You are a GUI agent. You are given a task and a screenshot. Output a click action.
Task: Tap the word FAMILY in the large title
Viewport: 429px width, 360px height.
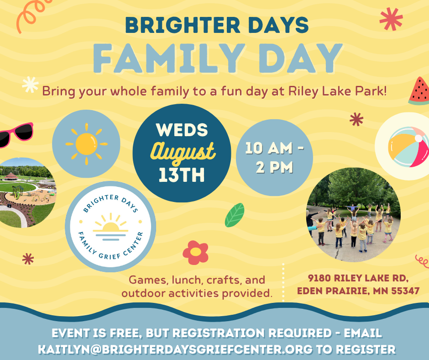pos(169,58)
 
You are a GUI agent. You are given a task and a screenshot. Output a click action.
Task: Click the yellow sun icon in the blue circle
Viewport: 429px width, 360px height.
pos(86,144)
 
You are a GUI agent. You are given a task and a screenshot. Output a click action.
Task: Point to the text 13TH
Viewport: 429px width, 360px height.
pos(182,175)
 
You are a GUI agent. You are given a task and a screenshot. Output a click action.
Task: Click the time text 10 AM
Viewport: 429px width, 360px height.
pos(269,148)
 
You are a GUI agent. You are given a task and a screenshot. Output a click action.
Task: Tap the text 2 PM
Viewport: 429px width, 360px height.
pos(274,167)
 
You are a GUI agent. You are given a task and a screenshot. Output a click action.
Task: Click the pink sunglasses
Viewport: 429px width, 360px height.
pos(16,135)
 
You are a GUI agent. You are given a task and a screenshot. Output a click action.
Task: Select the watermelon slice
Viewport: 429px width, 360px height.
pos(419,91)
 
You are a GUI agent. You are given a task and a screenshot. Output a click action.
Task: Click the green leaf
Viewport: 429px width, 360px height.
pos(235,215)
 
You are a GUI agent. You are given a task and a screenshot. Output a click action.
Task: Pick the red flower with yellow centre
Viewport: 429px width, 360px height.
pos(195,253)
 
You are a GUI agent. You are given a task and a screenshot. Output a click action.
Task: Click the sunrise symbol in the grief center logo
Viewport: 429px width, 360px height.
pos(110,227)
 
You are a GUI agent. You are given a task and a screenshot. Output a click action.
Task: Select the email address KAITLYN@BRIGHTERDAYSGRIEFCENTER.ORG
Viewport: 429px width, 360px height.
pos(175,349)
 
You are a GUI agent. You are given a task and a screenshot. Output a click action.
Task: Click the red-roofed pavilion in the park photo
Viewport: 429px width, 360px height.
pos(10,176)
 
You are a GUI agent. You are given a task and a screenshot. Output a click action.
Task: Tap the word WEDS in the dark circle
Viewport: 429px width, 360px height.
pos(182,130)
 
